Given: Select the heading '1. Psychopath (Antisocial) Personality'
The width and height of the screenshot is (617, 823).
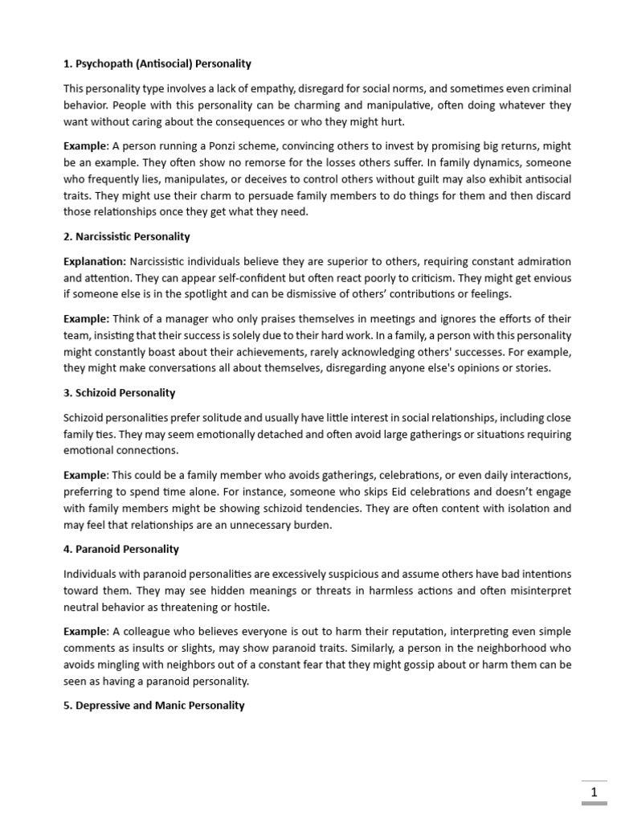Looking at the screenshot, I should (x=157, y=63).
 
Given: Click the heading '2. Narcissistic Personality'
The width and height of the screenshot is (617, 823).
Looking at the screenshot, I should (x=127, y=237).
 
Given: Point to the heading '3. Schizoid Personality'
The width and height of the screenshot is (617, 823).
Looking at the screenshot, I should (x=120, y=393).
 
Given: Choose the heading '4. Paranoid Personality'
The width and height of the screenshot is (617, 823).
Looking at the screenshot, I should (x=121, y=550).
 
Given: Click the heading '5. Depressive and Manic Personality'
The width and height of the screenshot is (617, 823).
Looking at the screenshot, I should (x=154, y=706).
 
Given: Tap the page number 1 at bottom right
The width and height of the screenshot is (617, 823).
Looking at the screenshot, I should (x=595, y=792).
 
